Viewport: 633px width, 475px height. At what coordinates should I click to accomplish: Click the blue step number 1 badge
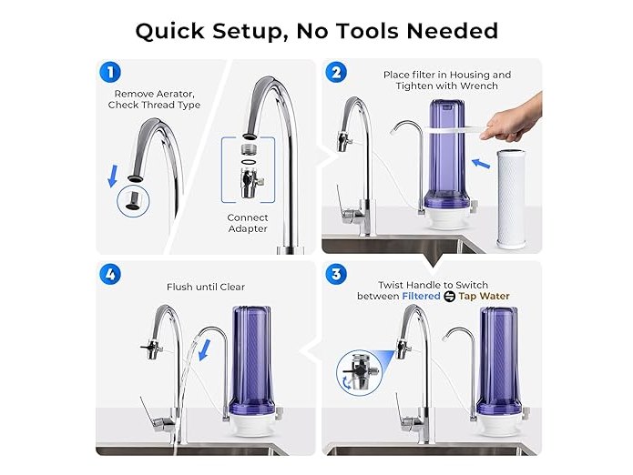(110, 73)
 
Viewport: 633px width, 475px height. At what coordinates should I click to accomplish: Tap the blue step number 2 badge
(336, 73)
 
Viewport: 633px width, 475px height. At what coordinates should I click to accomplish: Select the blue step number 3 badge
(336, 274)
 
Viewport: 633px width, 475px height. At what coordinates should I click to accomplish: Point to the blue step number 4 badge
(110, 274)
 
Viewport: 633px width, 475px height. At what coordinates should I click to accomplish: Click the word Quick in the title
(170, 31)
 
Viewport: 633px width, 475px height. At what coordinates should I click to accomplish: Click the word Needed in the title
(453, 31)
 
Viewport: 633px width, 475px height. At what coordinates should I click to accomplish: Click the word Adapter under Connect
(248, 228)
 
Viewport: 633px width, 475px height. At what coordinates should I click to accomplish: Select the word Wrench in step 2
(479, 86)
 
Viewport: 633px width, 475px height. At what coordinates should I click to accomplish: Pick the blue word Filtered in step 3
(421, 296)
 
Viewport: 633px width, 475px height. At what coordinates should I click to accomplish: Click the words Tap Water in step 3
(484, 297)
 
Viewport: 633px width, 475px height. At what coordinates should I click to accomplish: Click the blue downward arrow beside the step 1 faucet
(113, 177)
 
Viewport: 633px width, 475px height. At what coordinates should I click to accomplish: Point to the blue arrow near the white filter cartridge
(481, 163)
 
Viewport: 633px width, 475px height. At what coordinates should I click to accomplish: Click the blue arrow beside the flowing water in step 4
(205, 350)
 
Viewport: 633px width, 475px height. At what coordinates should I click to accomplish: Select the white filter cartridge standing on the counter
(511, 198)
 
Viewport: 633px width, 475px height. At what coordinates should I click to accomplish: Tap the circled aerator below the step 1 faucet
(133, 201)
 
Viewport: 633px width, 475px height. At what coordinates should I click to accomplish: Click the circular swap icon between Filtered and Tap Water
(449, 297)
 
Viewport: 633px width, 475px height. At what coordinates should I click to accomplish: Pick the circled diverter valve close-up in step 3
(359, 372)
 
